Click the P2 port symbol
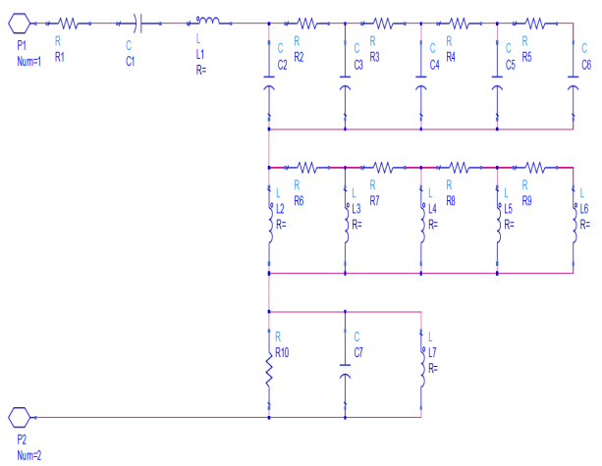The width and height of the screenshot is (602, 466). pyautogui.click(x=21, y=417)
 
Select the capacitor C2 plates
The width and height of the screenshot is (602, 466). pyautogui.click(x=268, y=88)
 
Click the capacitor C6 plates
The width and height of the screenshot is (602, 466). pyautogui.click(x=574, y=88)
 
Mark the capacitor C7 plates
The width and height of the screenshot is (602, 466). pyautogui.click(x=345, y=374)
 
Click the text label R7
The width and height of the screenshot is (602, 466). pyautogui.click(x=375, y=200)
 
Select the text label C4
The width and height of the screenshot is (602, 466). pyautogui.click(x=434, y=65)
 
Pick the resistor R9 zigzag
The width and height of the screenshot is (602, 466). pyautogui.click(x=535, y=167)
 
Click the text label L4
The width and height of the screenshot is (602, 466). pyautogui.click(x=432, y=208)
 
